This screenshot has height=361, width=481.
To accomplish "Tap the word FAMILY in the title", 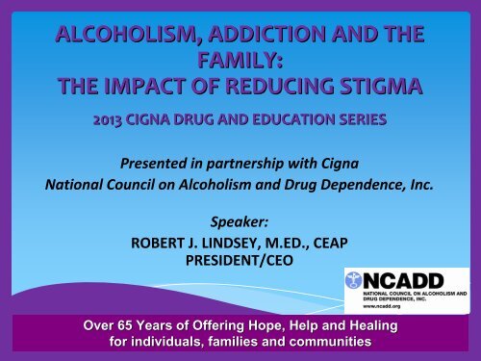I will [x=234, y=63].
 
